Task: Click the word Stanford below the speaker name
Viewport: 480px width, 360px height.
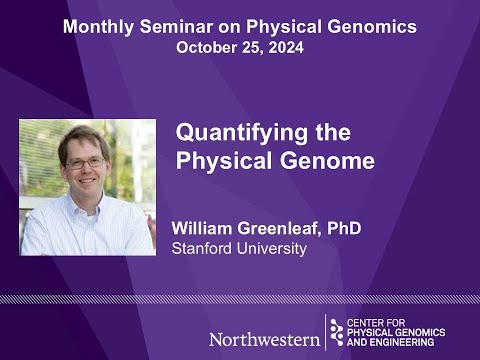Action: [204, 248]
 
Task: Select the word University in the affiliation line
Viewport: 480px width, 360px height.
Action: [272, 248]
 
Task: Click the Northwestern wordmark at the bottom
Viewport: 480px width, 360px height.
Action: [264, 338]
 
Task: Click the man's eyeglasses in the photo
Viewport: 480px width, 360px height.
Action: [84, 162]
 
